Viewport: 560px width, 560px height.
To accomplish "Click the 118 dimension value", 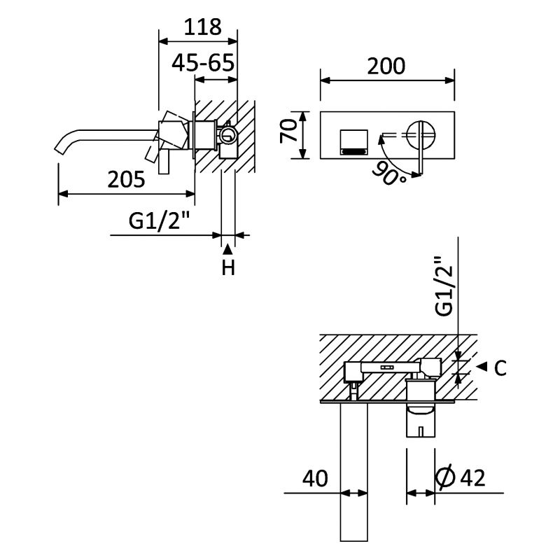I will [202, 27].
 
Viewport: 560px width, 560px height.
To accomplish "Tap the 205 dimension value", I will [127, 179].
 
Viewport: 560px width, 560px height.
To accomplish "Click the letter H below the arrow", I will [228, 267].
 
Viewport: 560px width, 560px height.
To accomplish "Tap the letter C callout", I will [500, 368].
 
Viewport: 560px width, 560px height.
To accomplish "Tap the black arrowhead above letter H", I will [228, 248].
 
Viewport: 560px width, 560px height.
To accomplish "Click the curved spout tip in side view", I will [62, 146].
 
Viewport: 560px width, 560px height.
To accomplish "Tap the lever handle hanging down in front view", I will [421, 157].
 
